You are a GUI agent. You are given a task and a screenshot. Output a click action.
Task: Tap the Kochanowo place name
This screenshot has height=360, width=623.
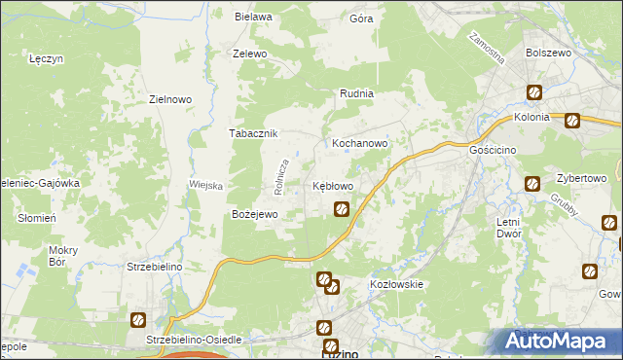pyautogui.click(x=360, y=143)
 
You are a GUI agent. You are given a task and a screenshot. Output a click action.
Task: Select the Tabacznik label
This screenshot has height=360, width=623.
pyautogui.click(x=254, y=134)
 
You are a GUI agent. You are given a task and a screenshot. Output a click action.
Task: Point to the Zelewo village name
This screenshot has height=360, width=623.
pyautogui.click(x=249, y=54)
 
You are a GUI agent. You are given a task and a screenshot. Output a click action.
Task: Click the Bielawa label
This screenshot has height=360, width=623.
pyautogui.click(x=253, y=17)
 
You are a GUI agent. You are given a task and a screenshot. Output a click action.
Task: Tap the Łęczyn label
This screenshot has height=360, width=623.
pyautogui.click(x=46, y=59)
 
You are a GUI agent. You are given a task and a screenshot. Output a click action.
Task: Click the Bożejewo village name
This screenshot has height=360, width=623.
pyautogui.click(x=254, y=214)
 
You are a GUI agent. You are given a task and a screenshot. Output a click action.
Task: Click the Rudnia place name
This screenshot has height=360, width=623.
pyautogui.click(x=356, y=94)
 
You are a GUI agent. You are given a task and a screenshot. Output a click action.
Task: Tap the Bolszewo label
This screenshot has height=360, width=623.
pyautogui.click(x=547, y=54)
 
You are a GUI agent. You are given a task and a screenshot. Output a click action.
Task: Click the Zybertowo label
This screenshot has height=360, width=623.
pyautogui.click(x=581, y=179)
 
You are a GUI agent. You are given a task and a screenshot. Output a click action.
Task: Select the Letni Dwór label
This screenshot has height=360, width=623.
pyautogui.click(x=509, y=228)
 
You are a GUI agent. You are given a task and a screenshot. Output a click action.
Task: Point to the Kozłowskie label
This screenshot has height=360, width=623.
pyautogui.click(x=395, y=284)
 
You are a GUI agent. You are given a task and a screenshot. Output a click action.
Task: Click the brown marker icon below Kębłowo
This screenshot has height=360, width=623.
pyautogui.click(x=342, y=208)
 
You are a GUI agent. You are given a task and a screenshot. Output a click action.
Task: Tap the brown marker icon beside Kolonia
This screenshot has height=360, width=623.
pyautogui.click(x=572, y=121)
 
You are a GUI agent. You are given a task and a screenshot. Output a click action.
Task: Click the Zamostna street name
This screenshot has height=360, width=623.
pyautogui.click(x=487, y=48)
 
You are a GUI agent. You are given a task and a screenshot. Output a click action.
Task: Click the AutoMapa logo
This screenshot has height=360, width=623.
pyautogui.click(x=559, y=342)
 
